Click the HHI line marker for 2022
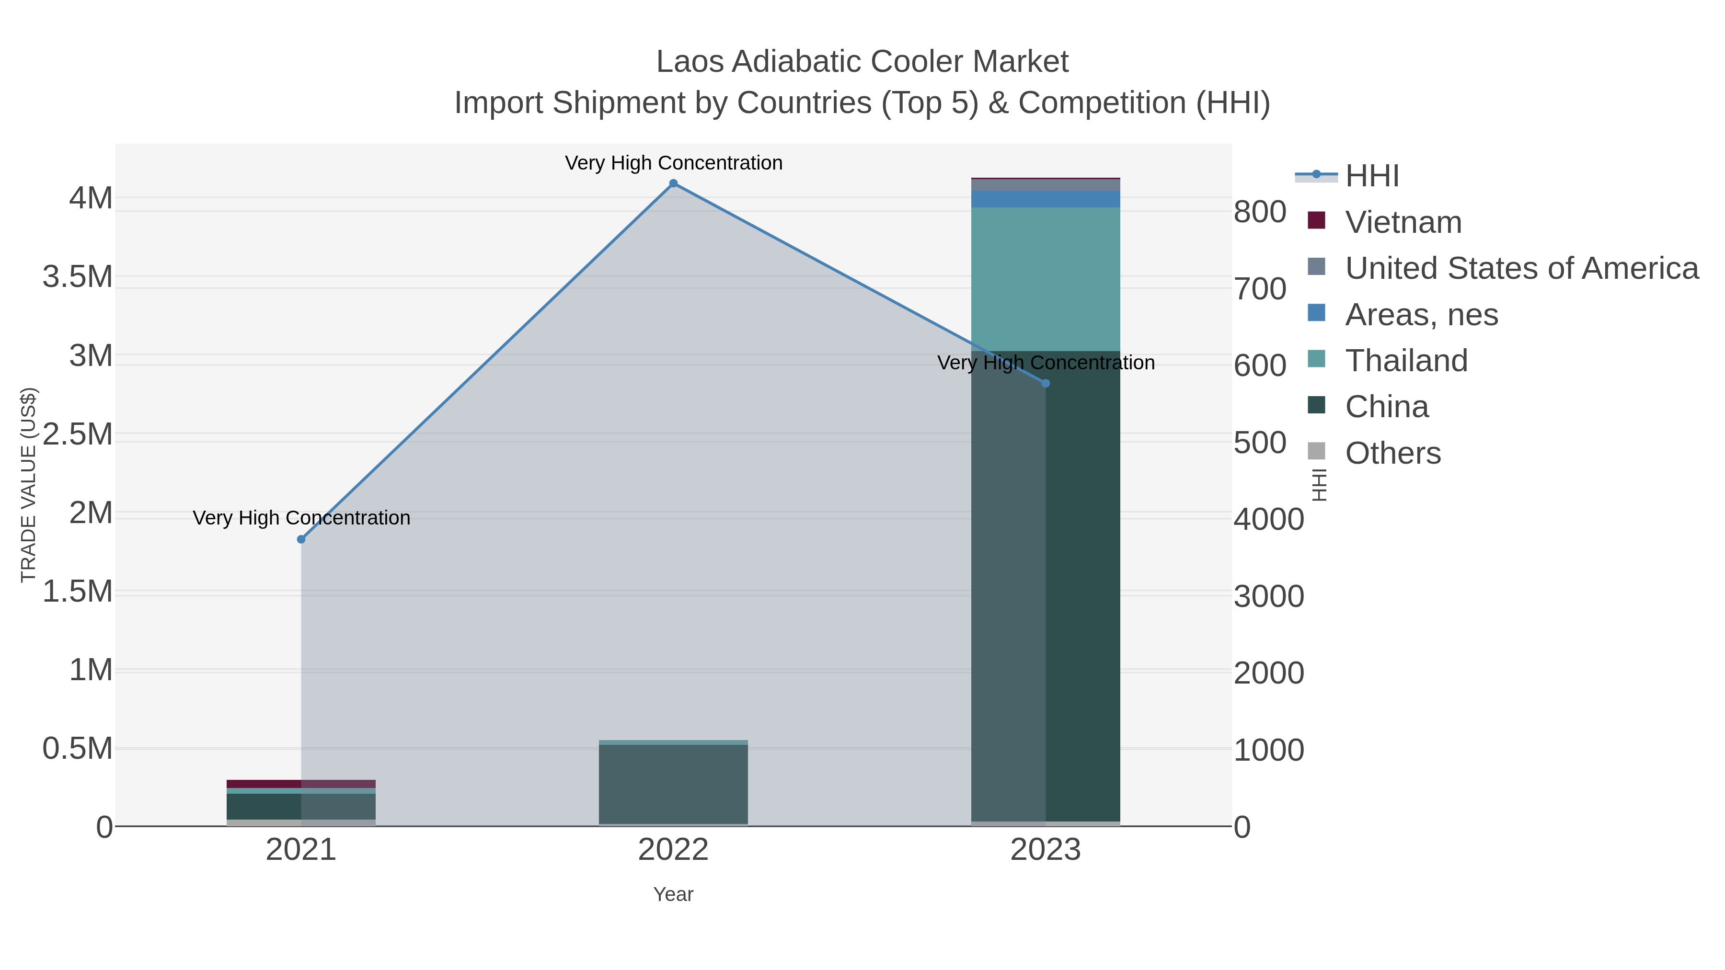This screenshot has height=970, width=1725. (x=673, y=183)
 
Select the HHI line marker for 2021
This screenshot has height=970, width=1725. (x=301, y=539)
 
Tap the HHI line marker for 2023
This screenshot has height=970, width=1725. (x=1046, y=384)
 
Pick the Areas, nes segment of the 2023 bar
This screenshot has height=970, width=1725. (x=1046, y=199)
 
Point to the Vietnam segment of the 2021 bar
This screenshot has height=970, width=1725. (x=301, y=784)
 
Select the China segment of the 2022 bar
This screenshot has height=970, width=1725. (x=673, y=784)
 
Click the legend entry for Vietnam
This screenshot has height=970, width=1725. (x=1403, y=222)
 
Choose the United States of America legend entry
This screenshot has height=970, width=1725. (x=1521, y=268)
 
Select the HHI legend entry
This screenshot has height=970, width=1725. (x=1371, y=176)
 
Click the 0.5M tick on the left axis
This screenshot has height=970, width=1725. (x=78, y=749)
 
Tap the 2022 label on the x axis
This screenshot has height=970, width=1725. (x=673, y=851)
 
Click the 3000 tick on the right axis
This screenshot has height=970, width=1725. (x=1268, y=596)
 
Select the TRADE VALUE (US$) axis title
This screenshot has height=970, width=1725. (x=28, y=485)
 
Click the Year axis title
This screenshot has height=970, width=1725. (x=673, y=894)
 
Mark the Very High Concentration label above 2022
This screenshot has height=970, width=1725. (x=673, y=163)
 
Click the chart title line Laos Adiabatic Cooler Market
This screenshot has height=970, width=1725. (x=862, y=62)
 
